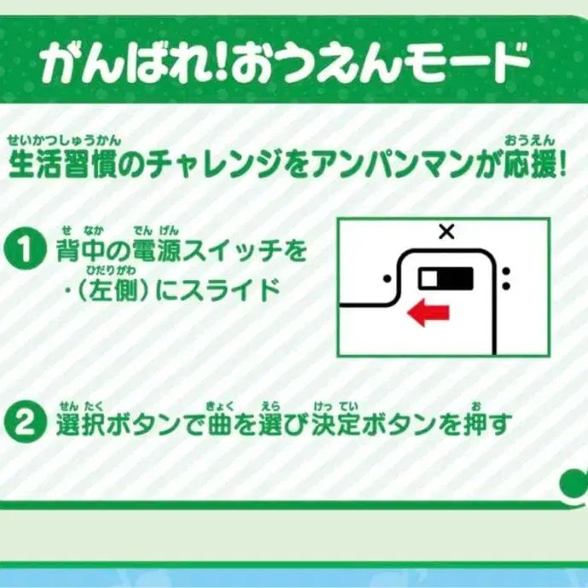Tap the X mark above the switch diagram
click(x=445, y=230)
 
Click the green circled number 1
click(x=23, y=250)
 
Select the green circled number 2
click(x=23, y=421)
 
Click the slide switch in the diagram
click(x=445, y=277)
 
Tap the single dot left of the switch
click(x=387, y=277)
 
